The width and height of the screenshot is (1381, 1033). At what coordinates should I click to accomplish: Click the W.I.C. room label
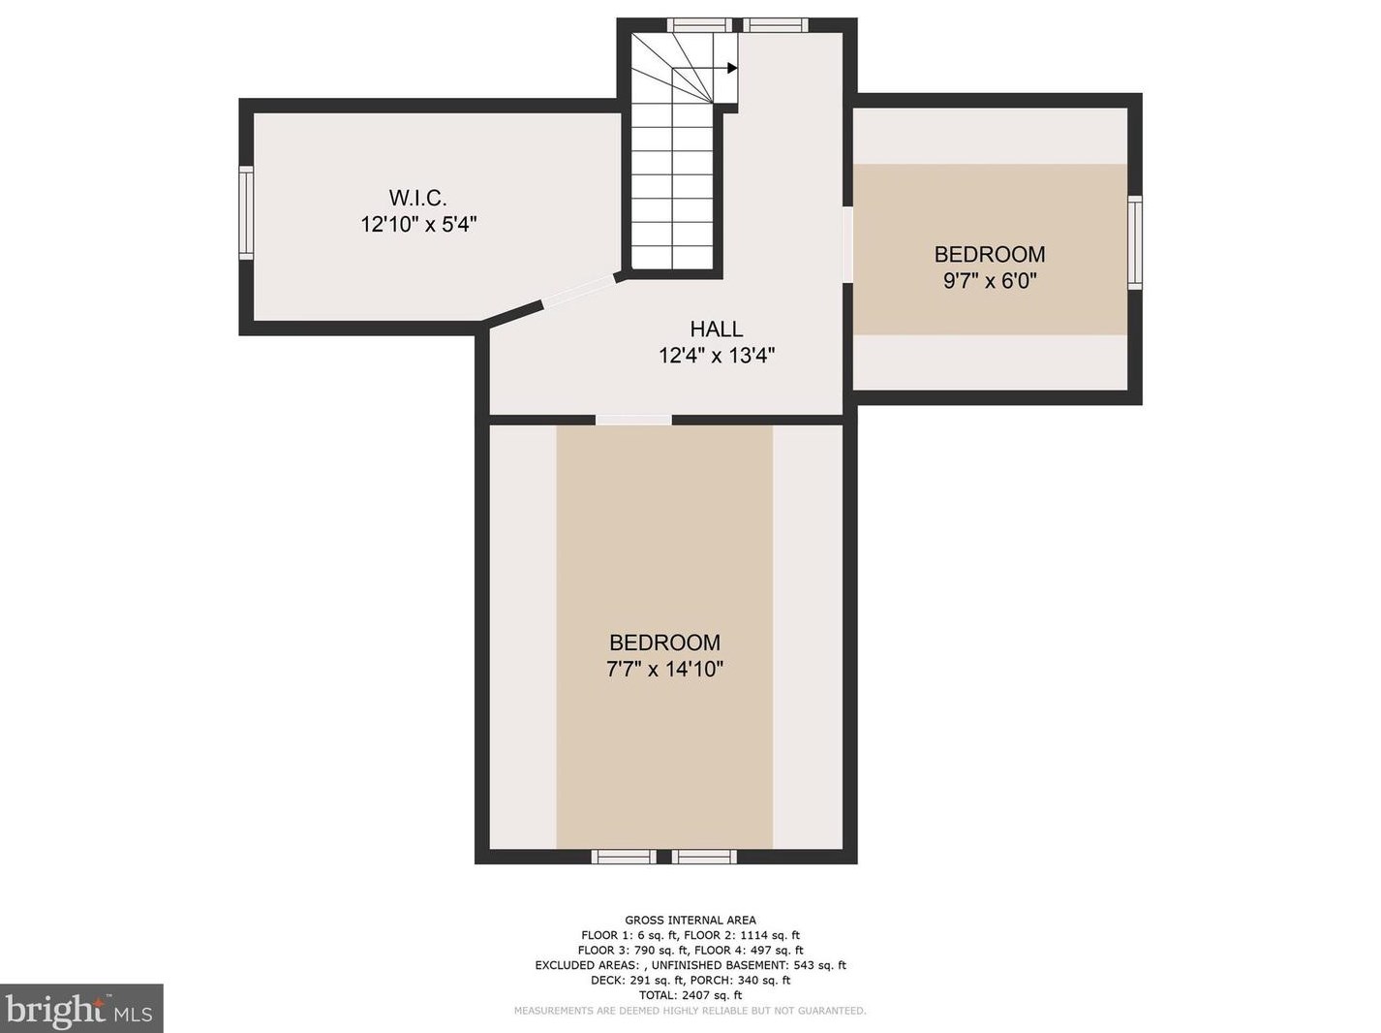click(417, 198)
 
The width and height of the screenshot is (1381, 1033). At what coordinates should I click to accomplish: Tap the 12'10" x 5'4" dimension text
click(418, 225)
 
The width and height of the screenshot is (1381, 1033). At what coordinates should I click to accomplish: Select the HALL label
click(716, 329)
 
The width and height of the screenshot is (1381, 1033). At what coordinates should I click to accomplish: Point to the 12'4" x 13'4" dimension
click(716, 357)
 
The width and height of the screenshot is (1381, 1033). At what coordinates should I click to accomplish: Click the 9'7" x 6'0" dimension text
click(990, 281)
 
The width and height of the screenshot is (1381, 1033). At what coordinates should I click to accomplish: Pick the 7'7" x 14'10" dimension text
click(664, 670)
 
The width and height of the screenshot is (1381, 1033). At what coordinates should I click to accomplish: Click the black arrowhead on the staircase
click(732, 68)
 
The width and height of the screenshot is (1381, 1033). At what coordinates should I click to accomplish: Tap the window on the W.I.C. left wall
click(246, 213)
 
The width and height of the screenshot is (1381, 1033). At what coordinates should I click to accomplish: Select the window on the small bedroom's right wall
click(1134, 242)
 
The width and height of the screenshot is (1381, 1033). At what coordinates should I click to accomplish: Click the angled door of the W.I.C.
click(579, 292)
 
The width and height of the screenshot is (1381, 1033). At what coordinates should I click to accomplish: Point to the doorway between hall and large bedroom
click(633, 420)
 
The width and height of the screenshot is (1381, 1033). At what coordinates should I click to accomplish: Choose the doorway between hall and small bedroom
click(847, 245)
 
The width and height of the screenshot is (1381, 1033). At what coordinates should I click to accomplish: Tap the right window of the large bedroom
click(704, 856)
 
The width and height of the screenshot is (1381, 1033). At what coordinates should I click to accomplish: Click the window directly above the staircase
click(699, 25)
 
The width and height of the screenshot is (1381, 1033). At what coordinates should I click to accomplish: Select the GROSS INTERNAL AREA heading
click(690, 921)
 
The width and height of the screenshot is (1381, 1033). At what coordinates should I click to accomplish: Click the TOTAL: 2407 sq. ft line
click(690, 995)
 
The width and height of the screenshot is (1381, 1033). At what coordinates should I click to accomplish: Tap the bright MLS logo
click(80, 1009)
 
